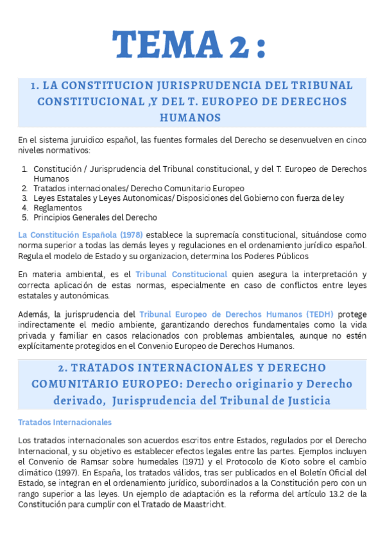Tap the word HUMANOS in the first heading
click(191, 117)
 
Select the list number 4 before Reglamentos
click(24, 208)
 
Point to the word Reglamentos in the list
click(54, 208)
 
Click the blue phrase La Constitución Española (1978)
click(80, 235)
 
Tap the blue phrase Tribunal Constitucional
click(182, 274)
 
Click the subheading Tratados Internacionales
click(65, 422)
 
